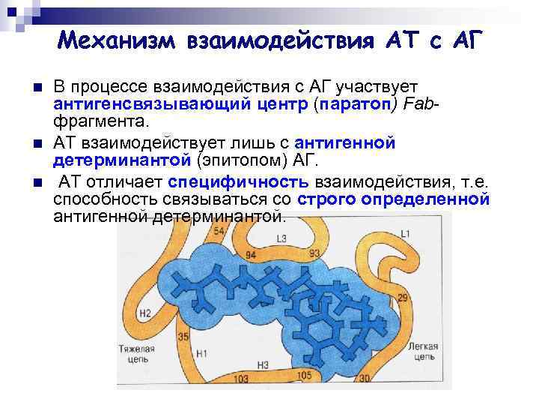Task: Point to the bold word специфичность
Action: click(x=238, y=182)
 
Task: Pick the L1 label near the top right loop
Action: click(x=405, y=235)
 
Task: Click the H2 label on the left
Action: click(x=145, y=313)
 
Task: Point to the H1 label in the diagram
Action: click(x=201, y=351)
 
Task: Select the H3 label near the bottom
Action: click(x=262, y=365)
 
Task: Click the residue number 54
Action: click(x=219, y=231)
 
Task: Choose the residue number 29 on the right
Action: click(x=402, y=298)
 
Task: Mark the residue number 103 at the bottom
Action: click(x=242, y=379)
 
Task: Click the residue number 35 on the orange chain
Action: click(x=183, y=337)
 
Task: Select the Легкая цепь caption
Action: click(x=425, y=351)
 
